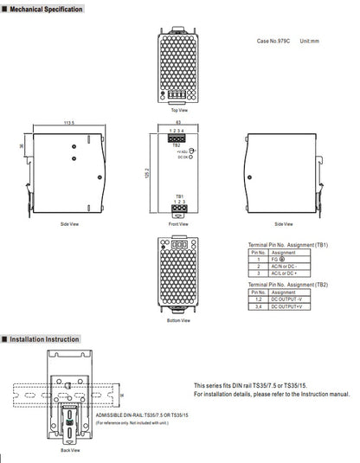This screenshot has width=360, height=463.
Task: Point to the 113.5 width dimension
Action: [68, 123]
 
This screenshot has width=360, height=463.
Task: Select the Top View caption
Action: [179, 110]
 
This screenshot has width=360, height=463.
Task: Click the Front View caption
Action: [179, 223]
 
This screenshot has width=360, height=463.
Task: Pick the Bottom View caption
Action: [179, 319]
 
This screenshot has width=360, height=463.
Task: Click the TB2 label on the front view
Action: [176, 145]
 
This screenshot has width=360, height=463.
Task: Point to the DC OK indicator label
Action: [183, 158]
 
